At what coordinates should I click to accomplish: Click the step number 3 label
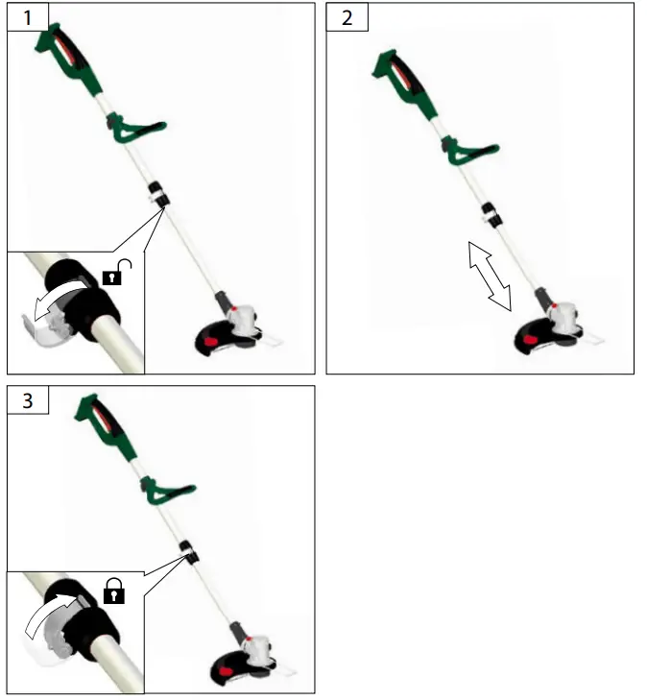(x=27, y=400)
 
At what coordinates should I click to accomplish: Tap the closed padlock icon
(x=114, y=592)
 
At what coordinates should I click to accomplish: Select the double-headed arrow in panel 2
(x=489, y=276)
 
